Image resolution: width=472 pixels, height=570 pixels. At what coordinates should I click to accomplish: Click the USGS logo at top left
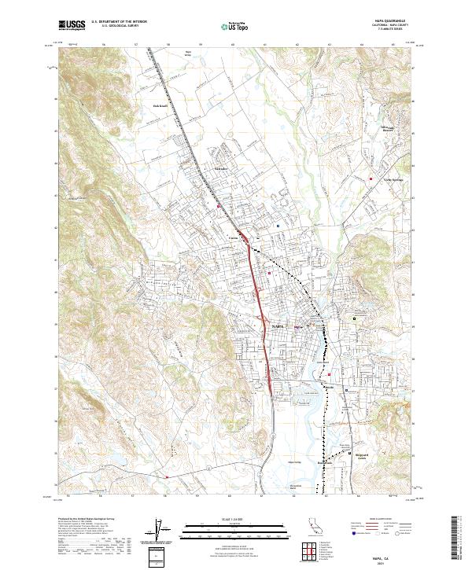(72, 25)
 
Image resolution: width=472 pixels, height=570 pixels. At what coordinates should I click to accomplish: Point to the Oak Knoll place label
(161, 105)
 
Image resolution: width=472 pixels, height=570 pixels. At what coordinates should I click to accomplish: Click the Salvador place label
(220, 167)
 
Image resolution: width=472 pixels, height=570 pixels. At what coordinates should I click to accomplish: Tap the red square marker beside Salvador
(219, 206)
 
